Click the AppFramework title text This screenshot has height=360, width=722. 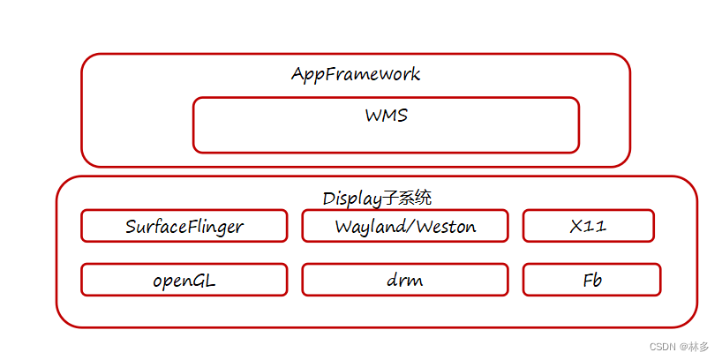pyautogui.click(x=356, y=74)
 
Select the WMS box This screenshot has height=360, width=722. pyautogui.click(x=386, y=125)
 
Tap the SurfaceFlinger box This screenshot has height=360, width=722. pyautogui.click(x=184, y=226)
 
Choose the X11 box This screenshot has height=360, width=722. pyautogui.click(x=588, y=226)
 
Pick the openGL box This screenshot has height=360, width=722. pyautogui.click(x=184, y=280)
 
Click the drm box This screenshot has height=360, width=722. pyautogui.click(x=404, y=280)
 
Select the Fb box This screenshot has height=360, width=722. pyautogui.click(x=591, y=280)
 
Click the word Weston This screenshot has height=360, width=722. pyautogui.click(x=445, y=227)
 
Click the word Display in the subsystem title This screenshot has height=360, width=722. pyautogui.click(x=350, y=197)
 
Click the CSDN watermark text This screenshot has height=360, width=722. pyautogui.click(x=662, y=347)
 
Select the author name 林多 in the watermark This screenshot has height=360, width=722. pyautogui.click(x=701, y=347)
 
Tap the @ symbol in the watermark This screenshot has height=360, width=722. pyautogui.click(x=683, y=347)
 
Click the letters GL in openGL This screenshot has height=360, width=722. pyautogui.click(x=205, y=281)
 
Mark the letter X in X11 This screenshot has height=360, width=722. pyautogui.click(x=576, y=227)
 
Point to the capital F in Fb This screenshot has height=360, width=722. pyautogui.click(x=587, y=281)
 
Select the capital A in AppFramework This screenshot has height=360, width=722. pyautogui.click(x=298, y=74)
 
